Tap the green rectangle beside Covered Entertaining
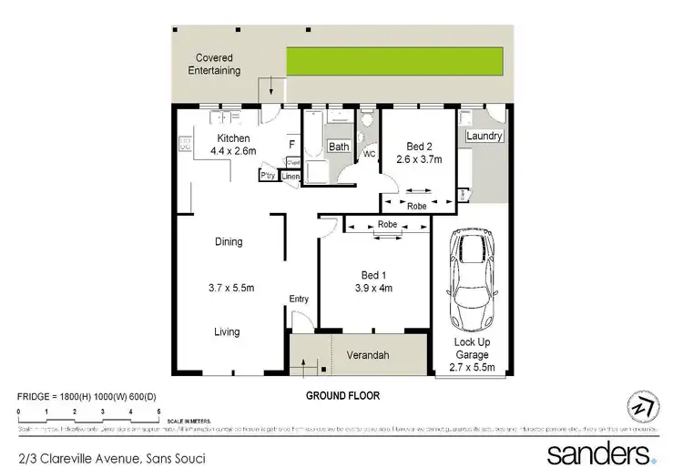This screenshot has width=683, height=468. click(396, 61)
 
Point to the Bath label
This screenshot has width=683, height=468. click(339, 147)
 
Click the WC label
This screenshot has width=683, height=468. click(370, 154)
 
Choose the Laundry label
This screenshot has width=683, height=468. click(484, 137)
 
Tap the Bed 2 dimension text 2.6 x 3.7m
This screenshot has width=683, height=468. click(419, 159)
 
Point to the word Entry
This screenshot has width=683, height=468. click(299, 300)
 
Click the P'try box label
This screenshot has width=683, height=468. click(269, 175)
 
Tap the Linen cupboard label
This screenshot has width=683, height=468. click(291, 176)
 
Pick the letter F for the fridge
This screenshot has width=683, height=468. click(291, 145)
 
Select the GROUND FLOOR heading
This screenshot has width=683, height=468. click(343, 396)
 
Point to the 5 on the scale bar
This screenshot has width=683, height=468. click(159, 412)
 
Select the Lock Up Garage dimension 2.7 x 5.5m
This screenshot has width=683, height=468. click(473, 368)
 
